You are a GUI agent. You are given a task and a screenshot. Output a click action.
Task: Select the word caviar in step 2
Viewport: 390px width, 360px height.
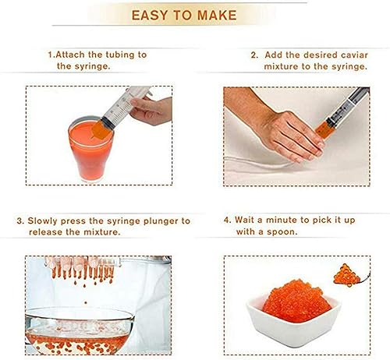coord(354,55)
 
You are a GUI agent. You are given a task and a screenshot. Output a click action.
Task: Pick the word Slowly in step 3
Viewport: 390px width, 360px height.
coord(42,221)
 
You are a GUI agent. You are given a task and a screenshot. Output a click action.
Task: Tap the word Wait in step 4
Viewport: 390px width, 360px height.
coord(245,220)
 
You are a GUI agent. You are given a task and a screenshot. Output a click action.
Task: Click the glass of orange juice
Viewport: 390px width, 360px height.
coord(90,149)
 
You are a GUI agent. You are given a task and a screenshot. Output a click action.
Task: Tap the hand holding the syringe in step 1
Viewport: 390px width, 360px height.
coord(151,111)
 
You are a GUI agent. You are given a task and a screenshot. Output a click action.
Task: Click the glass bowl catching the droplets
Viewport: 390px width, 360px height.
coord(80,330)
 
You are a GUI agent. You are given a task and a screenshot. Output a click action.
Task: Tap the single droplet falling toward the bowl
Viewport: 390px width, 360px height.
coord(86,302)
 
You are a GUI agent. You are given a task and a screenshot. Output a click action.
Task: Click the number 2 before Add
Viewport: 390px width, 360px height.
coord(254,55)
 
